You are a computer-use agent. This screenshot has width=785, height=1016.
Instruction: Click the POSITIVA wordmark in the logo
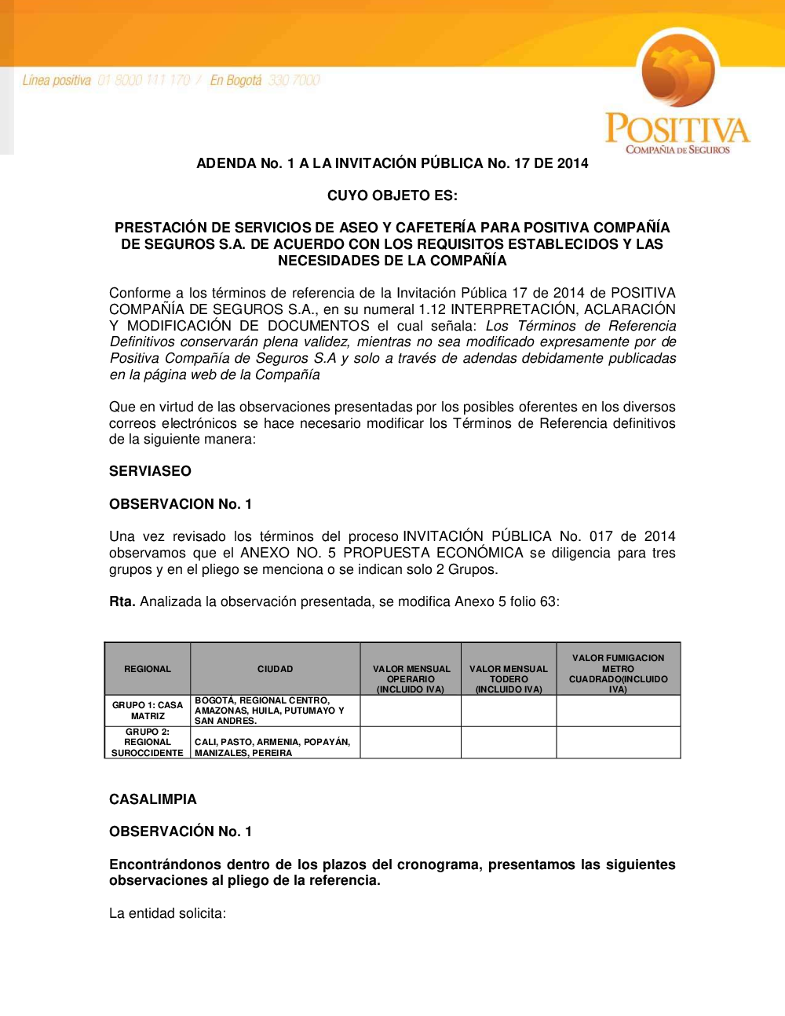point(677,129)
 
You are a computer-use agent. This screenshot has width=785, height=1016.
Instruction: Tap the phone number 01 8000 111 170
point(144,80)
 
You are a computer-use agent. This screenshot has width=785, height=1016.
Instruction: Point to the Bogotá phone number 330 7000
point(294,80)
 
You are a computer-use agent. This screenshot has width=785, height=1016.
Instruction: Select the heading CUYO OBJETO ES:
point(392,196)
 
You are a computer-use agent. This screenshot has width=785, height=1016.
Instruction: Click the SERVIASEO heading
point(150,471)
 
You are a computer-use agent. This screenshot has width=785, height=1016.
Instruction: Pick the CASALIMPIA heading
point(153,799)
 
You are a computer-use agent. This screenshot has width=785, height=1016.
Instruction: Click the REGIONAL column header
point(148,669)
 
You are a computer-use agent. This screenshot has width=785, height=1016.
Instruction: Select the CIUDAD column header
point(275,669)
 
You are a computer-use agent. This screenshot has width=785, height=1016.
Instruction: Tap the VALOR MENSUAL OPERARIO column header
point(411,679)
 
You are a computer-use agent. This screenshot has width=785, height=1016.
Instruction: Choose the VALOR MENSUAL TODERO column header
point(509,679)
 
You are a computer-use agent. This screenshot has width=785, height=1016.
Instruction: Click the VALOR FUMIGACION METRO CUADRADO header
point(619,674)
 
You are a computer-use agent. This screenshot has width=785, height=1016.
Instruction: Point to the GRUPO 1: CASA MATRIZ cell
point(148,711)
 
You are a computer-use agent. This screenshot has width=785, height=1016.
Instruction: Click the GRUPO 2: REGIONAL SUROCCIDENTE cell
point(148,742)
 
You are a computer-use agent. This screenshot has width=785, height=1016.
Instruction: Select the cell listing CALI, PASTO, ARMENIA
point(272,747)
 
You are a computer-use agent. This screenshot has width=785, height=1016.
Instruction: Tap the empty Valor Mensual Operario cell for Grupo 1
point(411,711)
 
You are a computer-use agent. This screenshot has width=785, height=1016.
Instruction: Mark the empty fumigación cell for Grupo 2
point(619,742)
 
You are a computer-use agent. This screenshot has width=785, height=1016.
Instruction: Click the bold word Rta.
point(122,602)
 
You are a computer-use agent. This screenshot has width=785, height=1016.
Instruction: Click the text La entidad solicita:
point(167,913)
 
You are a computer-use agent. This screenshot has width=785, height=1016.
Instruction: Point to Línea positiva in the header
point(57,80)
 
